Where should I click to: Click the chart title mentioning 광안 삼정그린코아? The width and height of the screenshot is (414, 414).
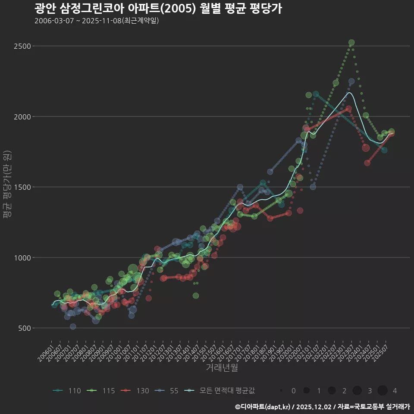click(158, 9)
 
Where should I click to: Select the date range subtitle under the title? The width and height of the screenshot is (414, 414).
click(97, 21)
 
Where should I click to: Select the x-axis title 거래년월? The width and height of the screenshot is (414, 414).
click(222, 368)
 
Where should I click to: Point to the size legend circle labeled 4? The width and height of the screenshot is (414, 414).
click(383, 391)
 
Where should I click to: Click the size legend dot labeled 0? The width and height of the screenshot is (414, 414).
click(281, 391)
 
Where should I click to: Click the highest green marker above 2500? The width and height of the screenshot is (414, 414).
click(351, 43)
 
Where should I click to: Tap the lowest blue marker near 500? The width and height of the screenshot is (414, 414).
click(73, 326)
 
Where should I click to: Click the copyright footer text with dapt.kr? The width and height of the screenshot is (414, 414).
click(322, 407)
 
